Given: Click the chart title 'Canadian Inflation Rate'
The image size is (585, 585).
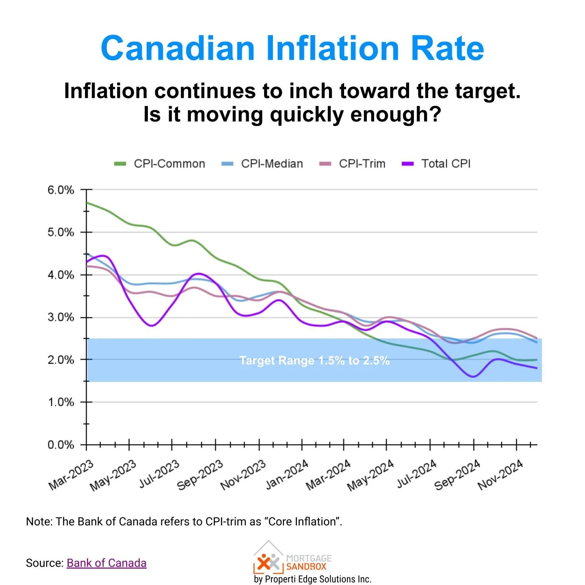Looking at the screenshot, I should coord(292,48).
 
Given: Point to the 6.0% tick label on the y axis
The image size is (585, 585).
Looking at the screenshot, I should coord(61,190).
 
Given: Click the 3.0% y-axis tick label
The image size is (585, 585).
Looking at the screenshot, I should coord(61,317).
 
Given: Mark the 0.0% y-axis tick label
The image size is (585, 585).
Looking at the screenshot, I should coord(61,445).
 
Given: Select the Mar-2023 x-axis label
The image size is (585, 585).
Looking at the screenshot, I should coord(71,475).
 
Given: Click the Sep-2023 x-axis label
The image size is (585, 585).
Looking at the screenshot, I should coord(200,475).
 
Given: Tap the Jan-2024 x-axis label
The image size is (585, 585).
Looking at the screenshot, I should coord(287,475).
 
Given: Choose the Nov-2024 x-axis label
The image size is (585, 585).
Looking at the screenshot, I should coord(500,475).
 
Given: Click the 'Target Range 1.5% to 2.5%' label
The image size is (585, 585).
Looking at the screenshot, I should coord(314,360).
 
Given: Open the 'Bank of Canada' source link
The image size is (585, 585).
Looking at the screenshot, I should coord(106,563).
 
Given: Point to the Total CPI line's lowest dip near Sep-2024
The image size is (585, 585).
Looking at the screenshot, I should coord(473,377).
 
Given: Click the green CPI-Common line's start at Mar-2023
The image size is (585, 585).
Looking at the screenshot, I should coord(87,202).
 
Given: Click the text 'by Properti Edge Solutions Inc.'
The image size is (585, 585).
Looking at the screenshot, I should coord(312,579).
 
